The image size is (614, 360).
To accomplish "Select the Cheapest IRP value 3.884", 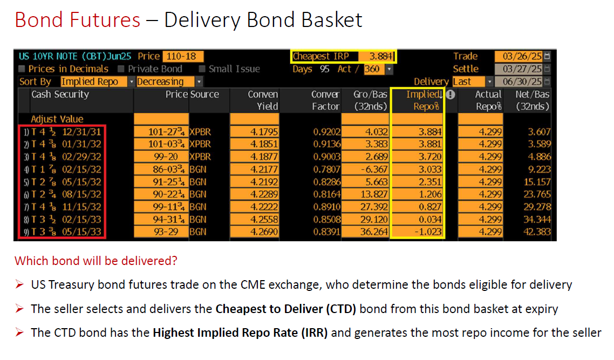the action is click(x=381, y=57).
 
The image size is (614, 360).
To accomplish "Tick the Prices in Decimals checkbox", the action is click(x=22, y=69).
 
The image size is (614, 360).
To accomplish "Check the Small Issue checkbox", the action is click(x=202, y=69).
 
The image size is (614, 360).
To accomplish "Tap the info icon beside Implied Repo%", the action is click(x=451, y=94).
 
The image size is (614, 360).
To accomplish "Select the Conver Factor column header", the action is click(x=325, y=100).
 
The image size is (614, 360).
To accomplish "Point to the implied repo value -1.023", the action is click(x=428, y=232).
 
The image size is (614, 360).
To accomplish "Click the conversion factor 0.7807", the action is click(x=326, y=169).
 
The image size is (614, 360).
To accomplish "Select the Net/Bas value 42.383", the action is click(x=537, y=232).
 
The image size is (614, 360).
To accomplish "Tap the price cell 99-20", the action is click(x=166, y=157).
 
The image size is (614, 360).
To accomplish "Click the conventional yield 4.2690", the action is click(x=264, y=232).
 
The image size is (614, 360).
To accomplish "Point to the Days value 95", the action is click(x=324, y=69).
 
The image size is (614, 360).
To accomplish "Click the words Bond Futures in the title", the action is click(x=78, y=20).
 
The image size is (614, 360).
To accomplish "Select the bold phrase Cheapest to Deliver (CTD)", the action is click(x=286, y=309).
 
